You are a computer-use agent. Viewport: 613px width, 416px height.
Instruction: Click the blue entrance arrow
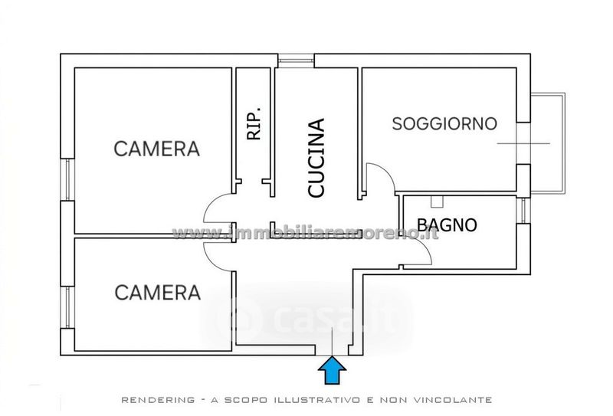pos(332,370)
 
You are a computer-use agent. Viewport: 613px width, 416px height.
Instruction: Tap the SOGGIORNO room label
pos(444,124)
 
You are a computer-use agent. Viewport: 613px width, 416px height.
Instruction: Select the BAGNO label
pos(447,224)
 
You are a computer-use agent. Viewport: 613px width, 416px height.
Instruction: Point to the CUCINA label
pos(316,158)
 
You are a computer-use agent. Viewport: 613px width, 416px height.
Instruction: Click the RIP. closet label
pos(254,123)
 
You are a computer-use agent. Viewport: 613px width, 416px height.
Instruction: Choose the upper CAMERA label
pos(157,149)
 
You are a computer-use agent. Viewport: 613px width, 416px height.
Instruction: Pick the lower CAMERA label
pos(158,293)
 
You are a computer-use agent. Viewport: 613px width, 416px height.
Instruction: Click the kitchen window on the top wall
pos(296,61)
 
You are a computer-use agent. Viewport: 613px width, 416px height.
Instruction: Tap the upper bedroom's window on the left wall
pos(67,180)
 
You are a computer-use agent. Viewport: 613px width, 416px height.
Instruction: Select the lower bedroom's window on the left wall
pos(67,307)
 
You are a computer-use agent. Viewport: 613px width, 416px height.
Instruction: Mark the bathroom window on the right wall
pos(523,211)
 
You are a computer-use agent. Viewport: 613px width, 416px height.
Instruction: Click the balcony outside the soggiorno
pos(548,142)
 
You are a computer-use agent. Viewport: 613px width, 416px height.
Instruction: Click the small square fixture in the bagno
pos(437,201)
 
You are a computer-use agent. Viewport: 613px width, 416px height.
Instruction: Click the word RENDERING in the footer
pos(158,400)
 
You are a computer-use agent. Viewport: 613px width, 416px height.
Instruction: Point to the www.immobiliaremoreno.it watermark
pos(305,234)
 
